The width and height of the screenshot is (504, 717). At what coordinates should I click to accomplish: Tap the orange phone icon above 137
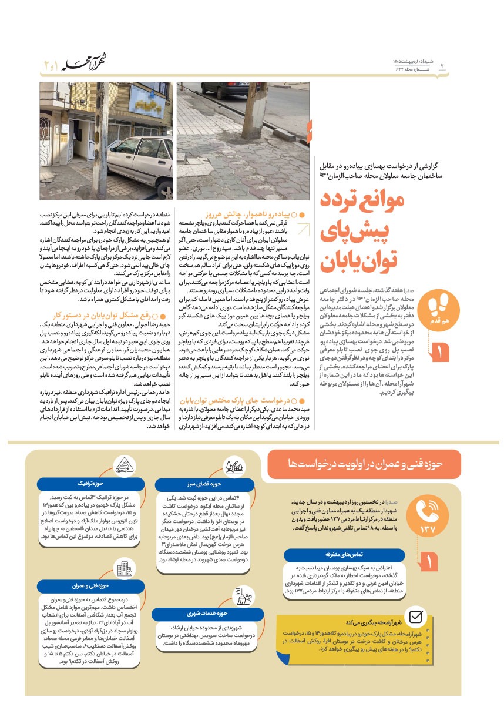[431, 510]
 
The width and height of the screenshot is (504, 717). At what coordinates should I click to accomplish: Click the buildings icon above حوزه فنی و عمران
[124, 568]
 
